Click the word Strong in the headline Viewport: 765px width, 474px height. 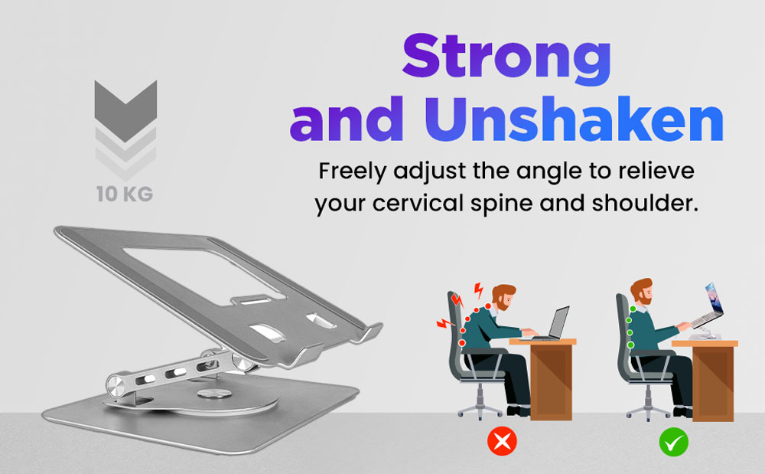(x=506, y=57)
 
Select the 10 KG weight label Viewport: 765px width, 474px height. (x=125, y=194)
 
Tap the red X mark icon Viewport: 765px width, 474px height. (x=502, y=441)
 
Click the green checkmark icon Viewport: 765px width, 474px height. (x=674, y=443)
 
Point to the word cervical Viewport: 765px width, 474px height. (x=418, y=203)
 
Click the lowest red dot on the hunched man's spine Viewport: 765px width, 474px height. (x=461, y=343)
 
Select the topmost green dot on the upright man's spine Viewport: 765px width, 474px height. (x=633, y=309)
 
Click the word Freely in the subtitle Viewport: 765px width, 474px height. (x=352, y=172)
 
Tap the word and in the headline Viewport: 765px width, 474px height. (x=347, y=119)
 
